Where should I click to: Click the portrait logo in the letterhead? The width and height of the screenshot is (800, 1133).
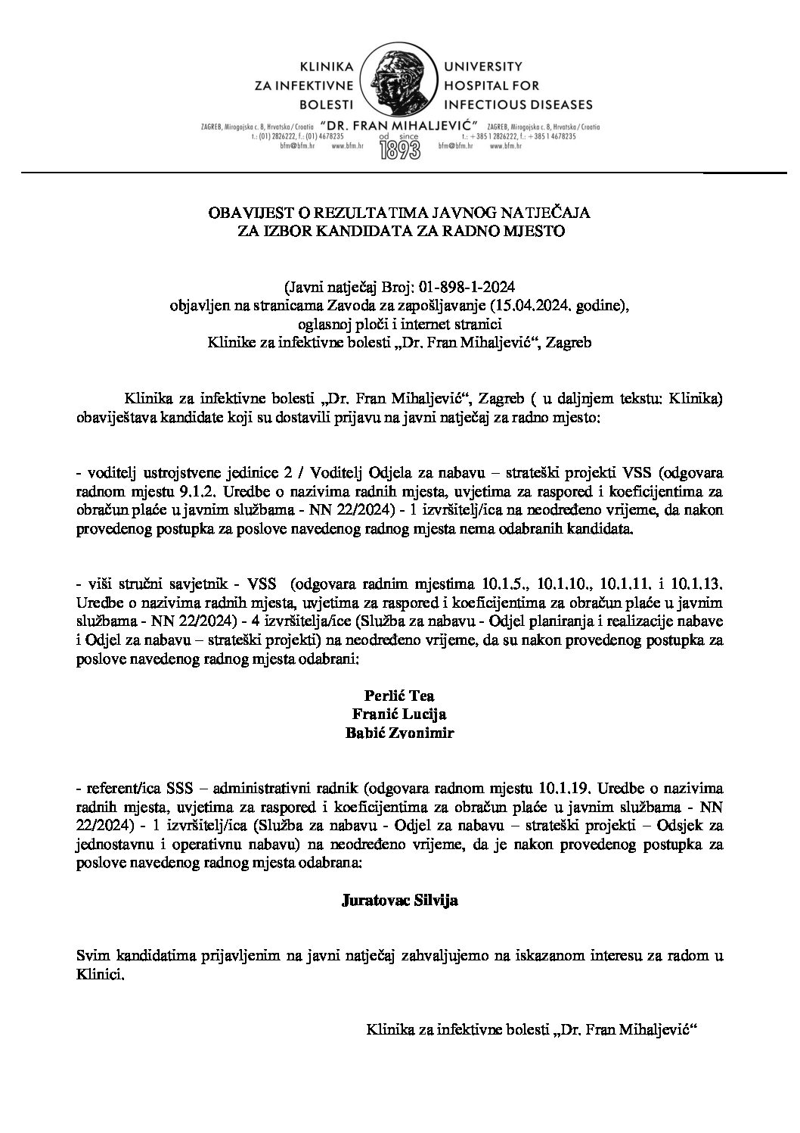[x=399, y=84]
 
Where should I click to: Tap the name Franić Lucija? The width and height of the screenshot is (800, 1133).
[x=400, y=714]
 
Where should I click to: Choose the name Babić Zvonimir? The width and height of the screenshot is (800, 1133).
[x=400, y=732]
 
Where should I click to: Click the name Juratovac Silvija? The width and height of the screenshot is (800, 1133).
[x=400, y=901]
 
